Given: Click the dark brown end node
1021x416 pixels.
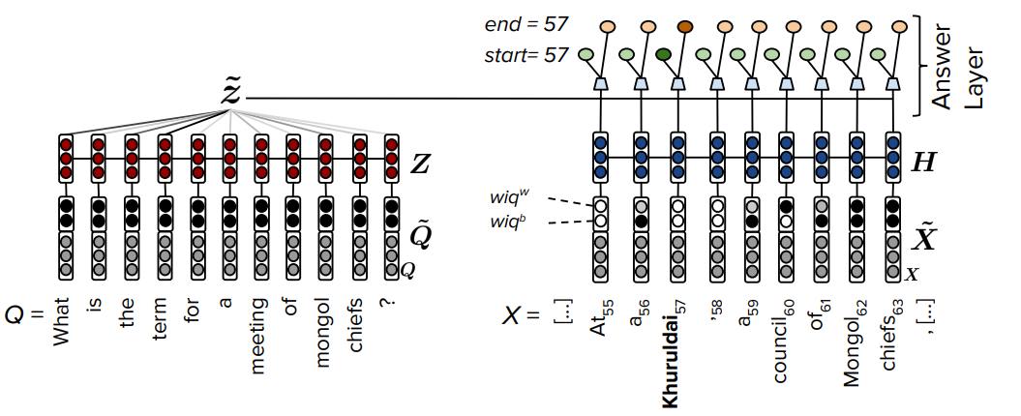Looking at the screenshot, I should [686, 26].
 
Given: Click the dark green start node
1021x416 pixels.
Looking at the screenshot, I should [664, 55].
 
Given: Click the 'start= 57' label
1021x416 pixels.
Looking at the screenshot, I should [526, 55].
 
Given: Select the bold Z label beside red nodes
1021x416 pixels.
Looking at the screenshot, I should [420, 164].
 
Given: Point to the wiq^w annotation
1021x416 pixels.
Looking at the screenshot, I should [511, 198].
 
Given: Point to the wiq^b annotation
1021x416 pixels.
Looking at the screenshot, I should [511, 224].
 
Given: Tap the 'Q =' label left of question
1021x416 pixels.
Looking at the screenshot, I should [22, 314].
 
